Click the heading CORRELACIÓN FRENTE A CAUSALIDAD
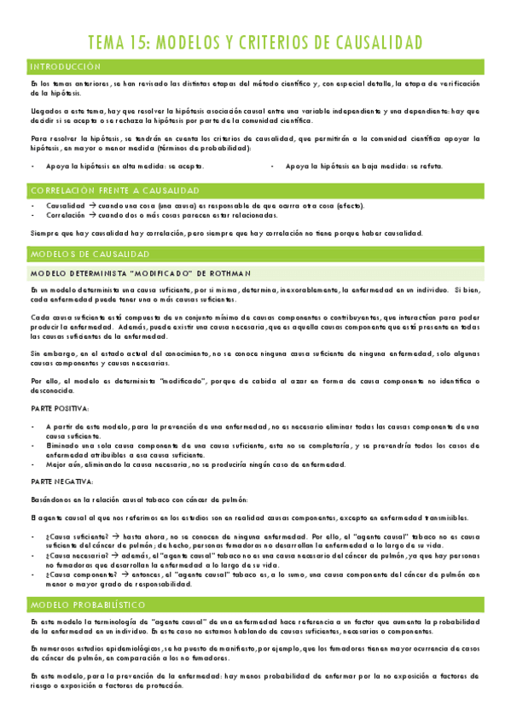pos(114,190)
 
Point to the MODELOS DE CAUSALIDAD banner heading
pos(90,254)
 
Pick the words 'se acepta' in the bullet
pos(188,166)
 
